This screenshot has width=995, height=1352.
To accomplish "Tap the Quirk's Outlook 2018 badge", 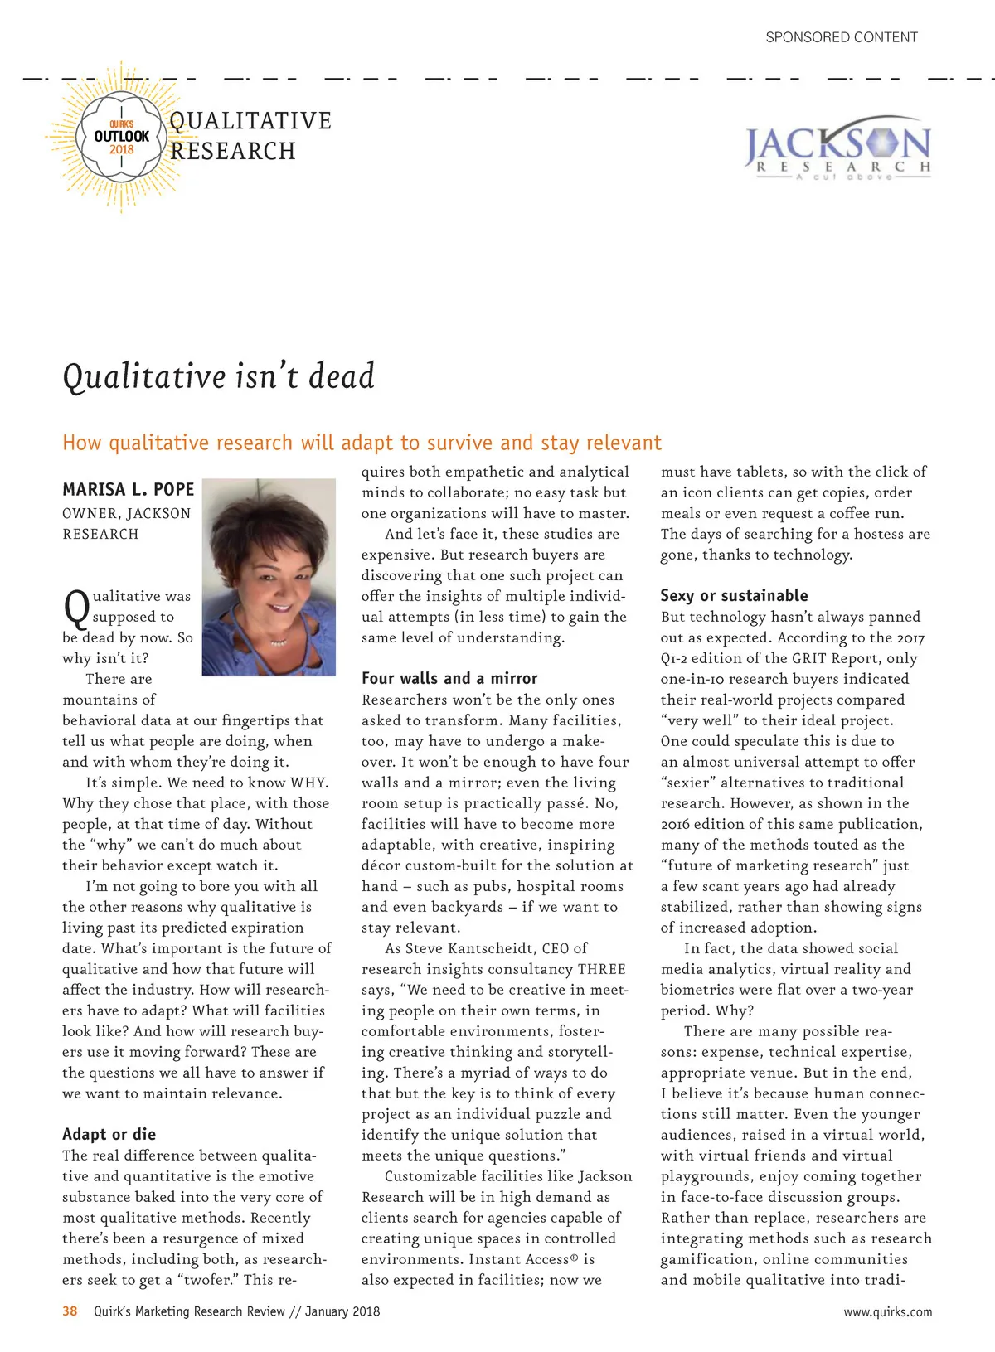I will coord(121,138).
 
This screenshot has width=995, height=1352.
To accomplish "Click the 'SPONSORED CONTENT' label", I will coord(841,37).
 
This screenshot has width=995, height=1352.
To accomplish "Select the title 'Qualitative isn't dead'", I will coord(219,377).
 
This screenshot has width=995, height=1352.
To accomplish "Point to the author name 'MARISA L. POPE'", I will coord(128,490).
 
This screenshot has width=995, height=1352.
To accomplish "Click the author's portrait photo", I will coord(269,576).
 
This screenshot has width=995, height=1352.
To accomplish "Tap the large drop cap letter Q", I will coord(76,608).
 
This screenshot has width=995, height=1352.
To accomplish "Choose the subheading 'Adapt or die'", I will coord(109,1134).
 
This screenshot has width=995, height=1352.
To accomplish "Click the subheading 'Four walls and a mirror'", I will coord(449,678).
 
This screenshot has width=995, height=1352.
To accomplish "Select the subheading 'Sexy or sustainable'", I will coord(734,595).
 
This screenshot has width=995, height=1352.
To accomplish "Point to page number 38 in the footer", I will coord(70,1311).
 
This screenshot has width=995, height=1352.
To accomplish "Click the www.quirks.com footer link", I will coord(887,1311).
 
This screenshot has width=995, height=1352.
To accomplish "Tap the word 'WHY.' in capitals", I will coord(309,783).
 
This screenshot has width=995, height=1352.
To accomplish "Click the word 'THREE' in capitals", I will coord(602,969).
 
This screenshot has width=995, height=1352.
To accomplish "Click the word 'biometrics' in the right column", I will coord(700,990).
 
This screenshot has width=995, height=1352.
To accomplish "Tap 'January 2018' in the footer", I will coord(342,1311).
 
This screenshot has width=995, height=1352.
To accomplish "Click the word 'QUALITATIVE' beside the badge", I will coord(250,121).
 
